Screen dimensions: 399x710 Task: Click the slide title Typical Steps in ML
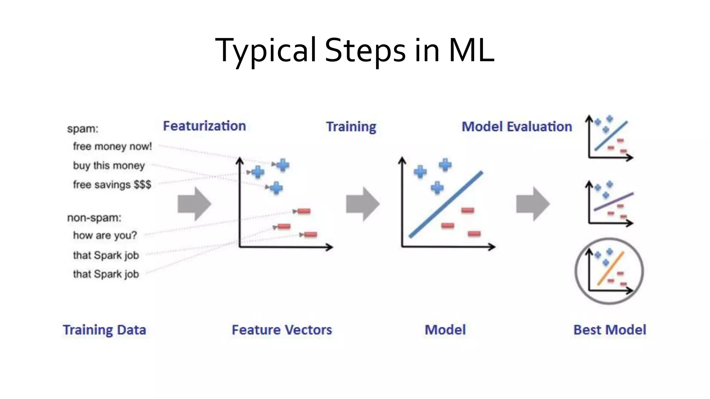click(355, 51)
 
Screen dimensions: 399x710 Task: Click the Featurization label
click(204, 126)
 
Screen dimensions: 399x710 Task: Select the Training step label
click(351, 127)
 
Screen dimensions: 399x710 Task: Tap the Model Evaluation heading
click(517, 127)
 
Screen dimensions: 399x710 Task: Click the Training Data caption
click(104, 330)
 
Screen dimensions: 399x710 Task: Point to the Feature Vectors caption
click(282, 330)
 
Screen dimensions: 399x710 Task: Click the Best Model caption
click(609, 330)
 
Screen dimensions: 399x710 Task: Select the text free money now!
click(112, 147)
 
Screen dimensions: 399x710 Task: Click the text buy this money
click(109, 166)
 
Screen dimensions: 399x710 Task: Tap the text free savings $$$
click(112, 185)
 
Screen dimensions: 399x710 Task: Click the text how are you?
click(105, 236)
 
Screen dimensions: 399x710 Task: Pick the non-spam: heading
click(94, 218)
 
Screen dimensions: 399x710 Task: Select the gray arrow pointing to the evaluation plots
click(532, 204)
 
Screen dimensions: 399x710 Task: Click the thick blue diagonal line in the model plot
click(446, 204)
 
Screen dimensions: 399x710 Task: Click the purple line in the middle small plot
click(614, 202)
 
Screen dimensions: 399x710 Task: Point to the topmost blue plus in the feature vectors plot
click(283, 165)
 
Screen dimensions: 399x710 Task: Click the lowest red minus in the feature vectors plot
click(310, 235)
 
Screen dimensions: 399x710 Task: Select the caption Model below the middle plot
click(445, 330)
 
